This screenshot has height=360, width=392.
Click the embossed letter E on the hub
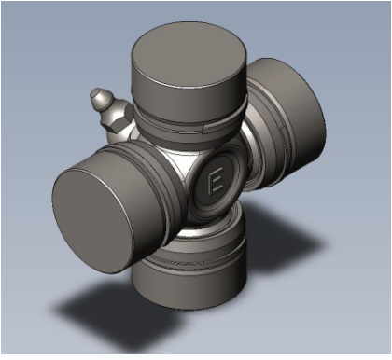216,180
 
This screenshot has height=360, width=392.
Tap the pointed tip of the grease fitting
94,93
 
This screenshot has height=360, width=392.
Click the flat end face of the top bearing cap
189,59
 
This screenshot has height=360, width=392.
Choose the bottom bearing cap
189,273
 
